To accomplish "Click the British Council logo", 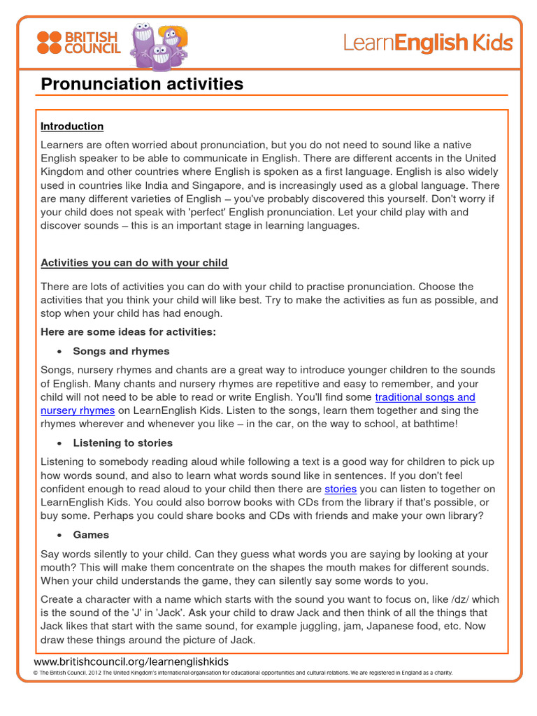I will [78, 43].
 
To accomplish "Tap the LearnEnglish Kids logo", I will [427, 43].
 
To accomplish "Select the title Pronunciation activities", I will [142, 85].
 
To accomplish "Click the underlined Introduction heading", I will [72, 127].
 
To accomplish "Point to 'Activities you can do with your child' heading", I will [134, 263].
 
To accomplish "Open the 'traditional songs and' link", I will [425, 397].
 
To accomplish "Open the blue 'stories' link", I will [341, 489].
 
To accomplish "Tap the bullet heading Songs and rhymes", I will [121, 351].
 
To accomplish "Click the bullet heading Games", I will [91, 534].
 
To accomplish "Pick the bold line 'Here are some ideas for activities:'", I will [128, 332].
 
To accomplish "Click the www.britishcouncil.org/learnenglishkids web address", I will [131, 661].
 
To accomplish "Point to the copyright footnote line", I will [243, 673].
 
